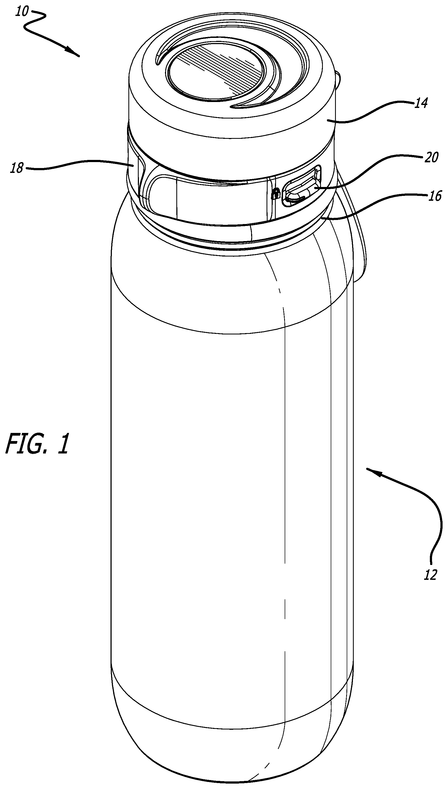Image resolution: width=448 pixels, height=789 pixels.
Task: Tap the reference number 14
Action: coord(421,103)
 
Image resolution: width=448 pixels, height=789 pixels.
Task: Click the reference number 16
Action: coord(434,196)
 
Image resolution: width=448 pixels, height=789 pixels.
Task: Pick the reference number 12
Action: coord(430,574)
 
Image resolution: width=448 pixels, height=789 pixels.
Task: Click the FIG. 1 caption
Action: coord(37,444)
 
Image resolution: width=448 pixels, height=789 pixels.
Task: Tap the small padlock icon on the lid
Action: coord(276,194)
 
